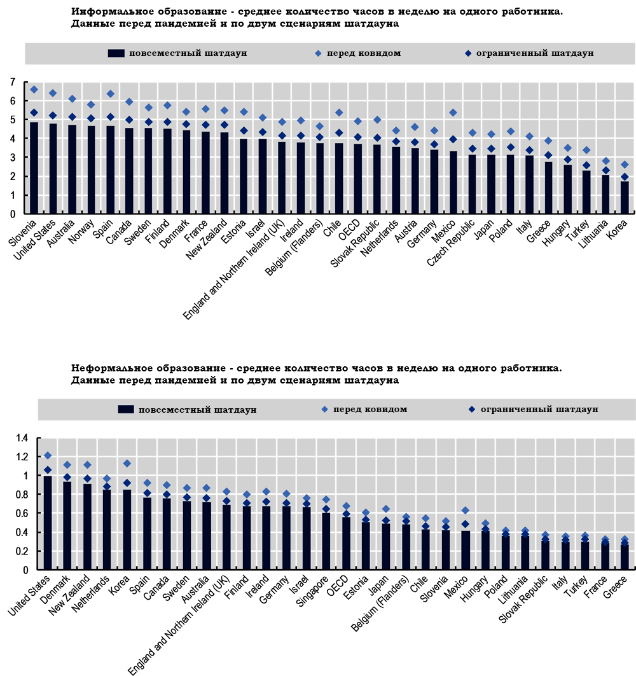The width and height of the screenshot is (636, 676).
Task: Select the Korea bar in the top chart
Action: pos(625,198)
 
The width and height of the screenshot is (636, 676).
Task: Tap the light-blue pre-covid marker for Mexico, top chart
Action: pos(453,113)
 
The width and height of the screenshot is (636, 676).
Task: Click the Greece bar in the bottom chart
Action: pos(625,557)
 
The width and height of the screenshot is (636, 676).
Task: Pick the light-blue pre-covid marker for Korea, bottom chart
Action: pos(127,464)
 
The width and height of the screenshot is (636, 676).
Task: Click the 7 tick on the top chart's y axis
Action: pos(11,82)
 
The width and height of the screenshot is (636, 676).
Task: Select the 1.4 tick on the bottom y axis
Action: pos(22,438)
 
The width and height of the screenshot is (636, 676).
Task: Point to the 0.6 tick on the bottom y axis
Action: pos(22,513)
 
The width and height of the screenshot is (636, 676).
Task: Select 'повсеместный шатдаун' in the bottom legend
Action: pos(198,410)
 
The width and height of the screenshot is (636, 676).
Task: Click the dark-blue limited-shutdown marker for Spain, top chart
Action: pos(110,117)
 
